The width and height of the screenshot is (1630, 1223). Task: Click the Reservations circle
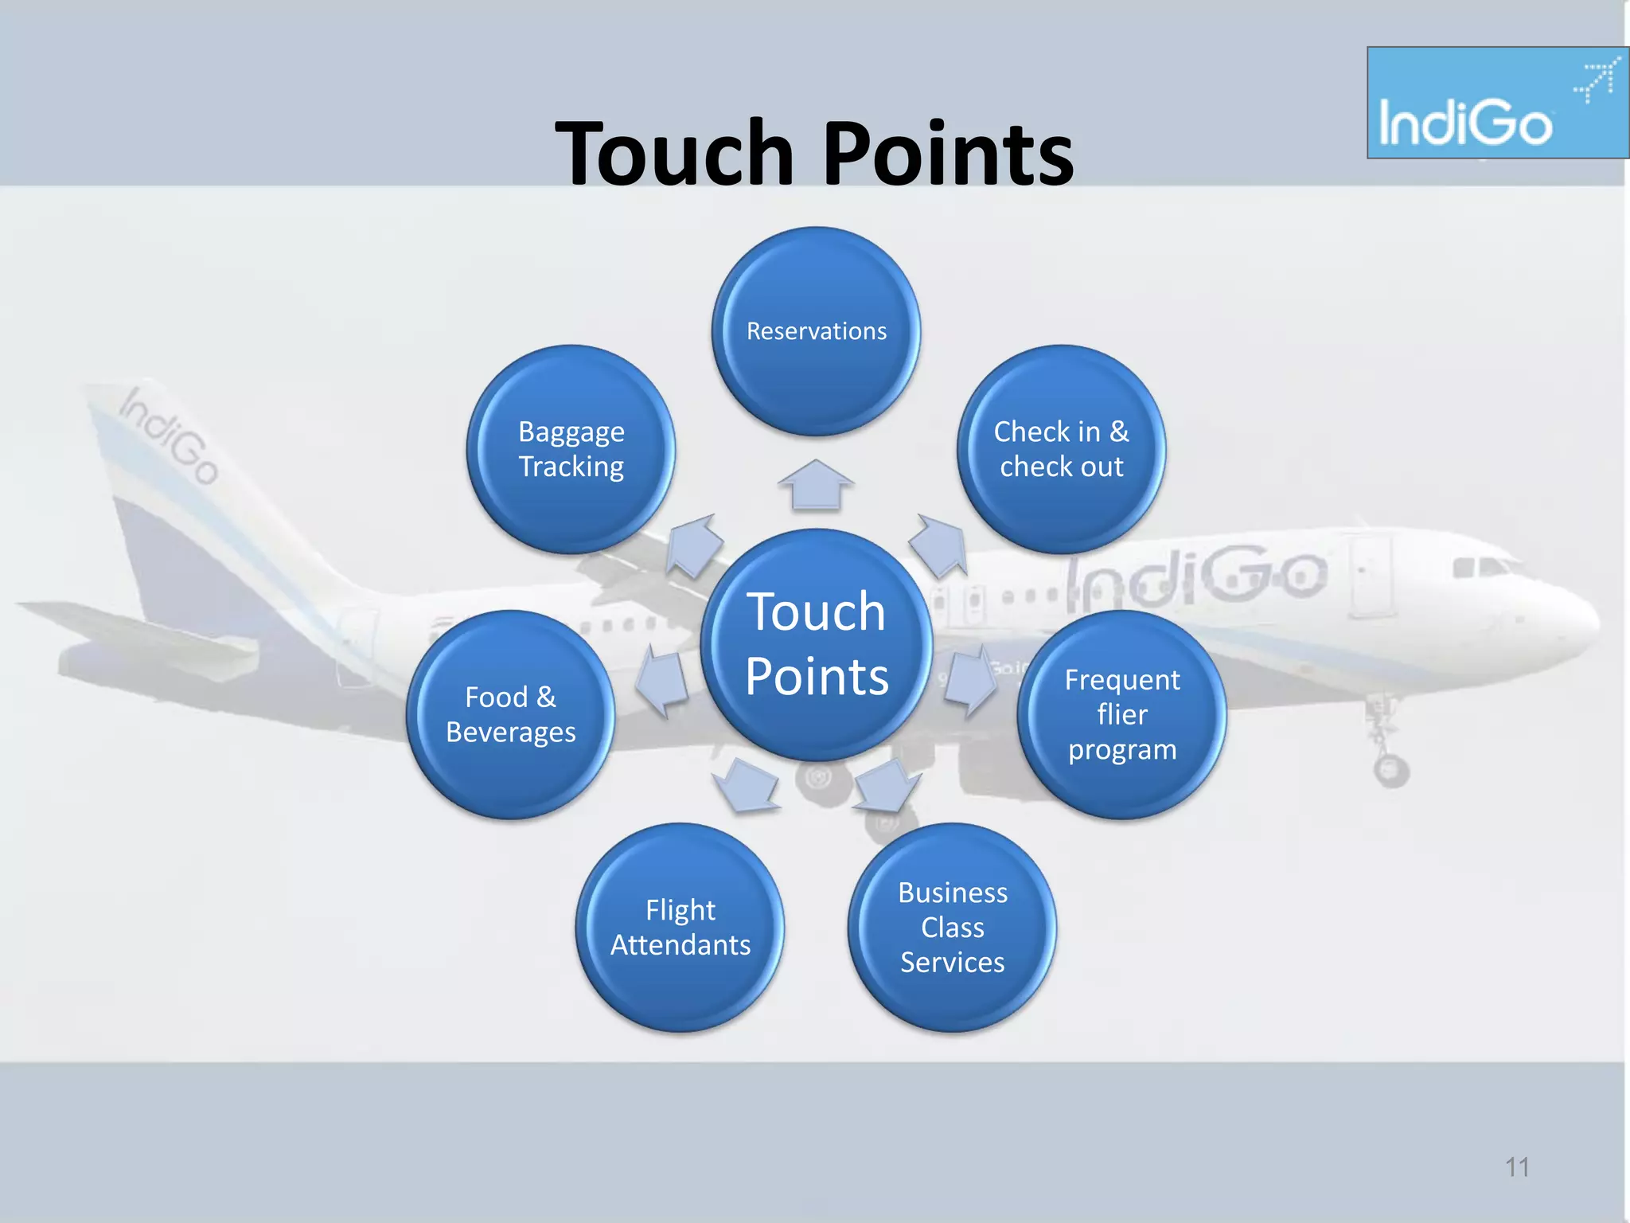point(816,331)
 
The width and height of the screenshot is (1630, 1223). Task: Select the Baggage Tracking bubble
point(571,449)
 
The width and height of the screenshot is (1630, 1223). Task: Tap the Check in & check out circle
point(1061,449)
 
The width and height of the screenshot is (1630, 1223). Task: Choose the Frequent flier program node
point(1121,714)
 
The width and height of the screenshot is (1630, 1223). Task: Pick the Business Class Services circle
point(952,928)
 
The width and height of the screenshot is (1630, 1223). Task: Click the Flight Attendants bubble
point(680,928)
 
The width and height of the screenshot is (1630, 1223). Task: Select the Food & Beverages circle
point(510,714)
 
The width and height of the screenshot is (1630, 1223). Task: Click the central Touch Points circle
point(816,644)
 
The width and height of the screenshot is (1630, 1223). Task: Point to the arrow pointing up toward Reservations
point(816,485)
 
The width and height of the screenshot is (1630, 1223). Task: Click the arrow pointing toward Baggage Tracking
point(694,545)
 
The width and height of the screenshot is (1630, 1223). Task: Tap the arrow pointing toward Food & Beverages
point(663,680)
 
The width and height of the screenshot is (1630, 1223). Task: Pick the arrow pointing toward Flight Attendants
point(746,785)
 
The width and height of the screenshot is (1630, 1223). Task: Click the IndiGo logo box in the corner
point(1496,103)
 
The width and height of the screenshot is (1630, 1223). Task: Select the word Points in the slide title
point(947,153)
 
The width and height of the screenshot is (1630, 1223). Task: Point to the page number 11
point(1517,1167)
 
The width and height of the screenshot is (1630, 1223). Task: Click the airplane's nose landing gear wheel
point(1390,770)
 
